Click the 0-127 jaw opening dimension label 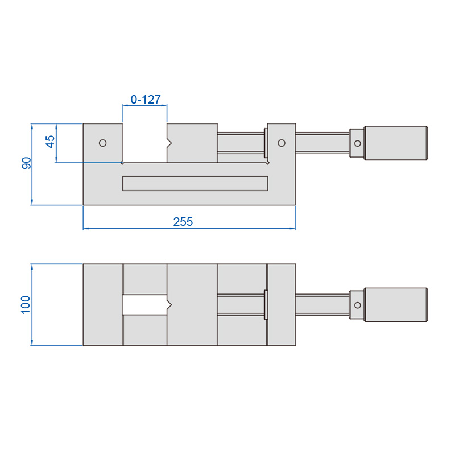coord(146,100)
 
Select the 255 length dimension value coord(183,222)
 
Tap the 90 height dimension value coord(26,163)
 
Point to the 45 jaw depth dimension coord(50,142)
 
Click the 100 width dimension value coord(26,305)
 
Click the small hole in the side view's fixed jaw coord(103,143)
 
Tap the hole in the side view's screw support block coord(282,143)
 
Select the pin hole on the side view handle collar coord(358,143)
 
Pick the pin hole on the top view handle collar coord(358,305)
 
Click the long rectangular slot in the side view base coord(195,183)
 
